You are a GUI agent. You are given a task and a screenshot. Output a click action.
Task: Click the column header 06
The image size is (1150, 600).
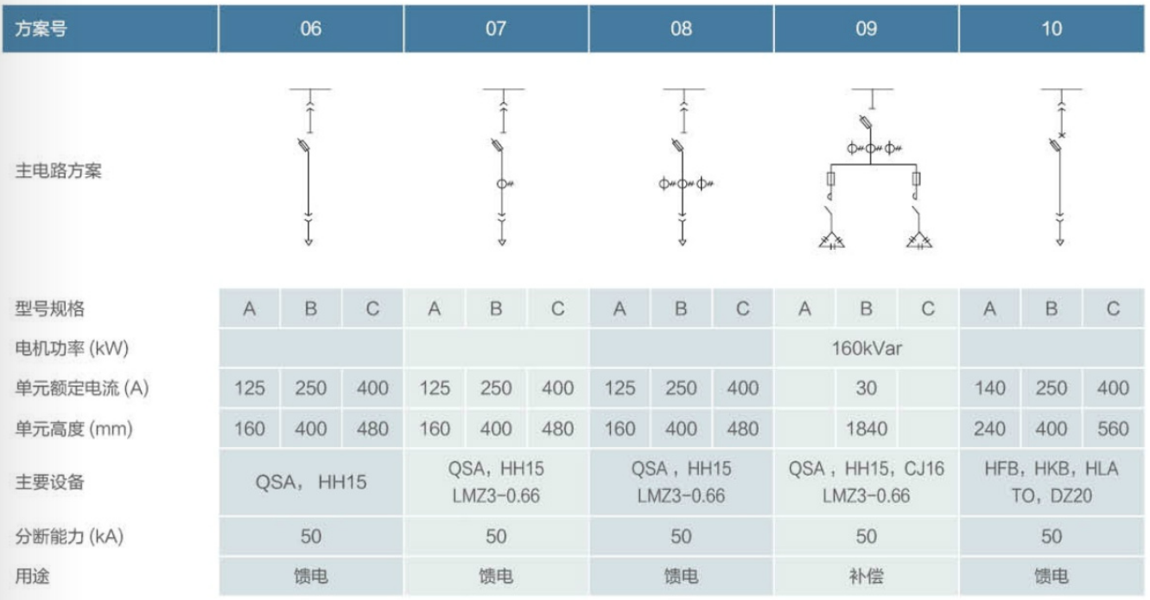(x=310, y=29)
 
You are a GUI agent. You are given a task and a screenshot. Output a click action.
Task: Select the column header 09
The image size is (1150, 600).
(x=866, y=29)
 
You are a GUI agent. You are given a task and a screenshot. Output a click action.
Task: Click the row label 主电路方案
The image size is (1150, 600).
(x=59, y=171)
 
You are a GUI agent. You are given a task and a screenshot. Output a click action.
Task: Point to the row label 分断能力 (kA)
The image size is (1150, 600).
(x=70, y=536)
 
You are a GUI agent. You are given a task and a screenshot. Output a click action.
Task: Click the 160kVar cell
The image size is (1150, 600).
(x=866, y=348)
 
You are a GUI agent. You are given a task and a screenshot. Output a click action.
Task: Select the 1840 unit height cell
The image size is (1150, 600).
(x=866, y=428)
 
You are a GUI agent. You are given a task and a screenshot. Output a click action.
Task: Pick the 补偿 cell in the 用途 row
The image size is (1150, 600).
(x=866, y=576)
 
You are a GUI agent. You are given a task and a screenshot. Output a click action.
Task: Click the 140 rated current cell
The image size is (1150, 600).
(x=989, y=388)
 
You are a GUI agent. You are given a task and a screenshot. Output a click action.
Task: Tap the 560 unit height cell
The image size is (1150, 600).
(x=1113, y=428)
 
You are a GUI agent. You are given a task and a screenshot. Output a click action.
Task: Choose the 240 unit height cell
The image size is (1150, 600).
(x=989, y=428)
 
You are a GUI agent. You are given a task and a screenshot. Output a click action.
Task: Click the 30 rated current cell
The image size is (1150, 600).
(x=866, y=388)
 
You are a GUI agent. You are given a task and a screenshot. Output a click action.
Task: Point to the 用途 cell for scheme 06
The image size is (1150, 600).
(x=310, y=576)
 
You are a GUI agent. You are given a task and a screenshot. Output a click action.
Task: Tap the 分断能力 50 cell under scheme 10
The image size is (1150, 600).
(x=1051, y=536)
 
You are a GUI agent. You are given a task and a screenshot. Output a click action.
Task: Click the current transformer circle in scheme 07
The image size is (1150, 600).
(x=501, y=183)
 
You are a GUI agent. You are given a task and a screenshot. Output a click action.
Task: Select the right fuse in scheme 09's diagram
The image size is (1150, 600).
(x=918, y=179)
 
